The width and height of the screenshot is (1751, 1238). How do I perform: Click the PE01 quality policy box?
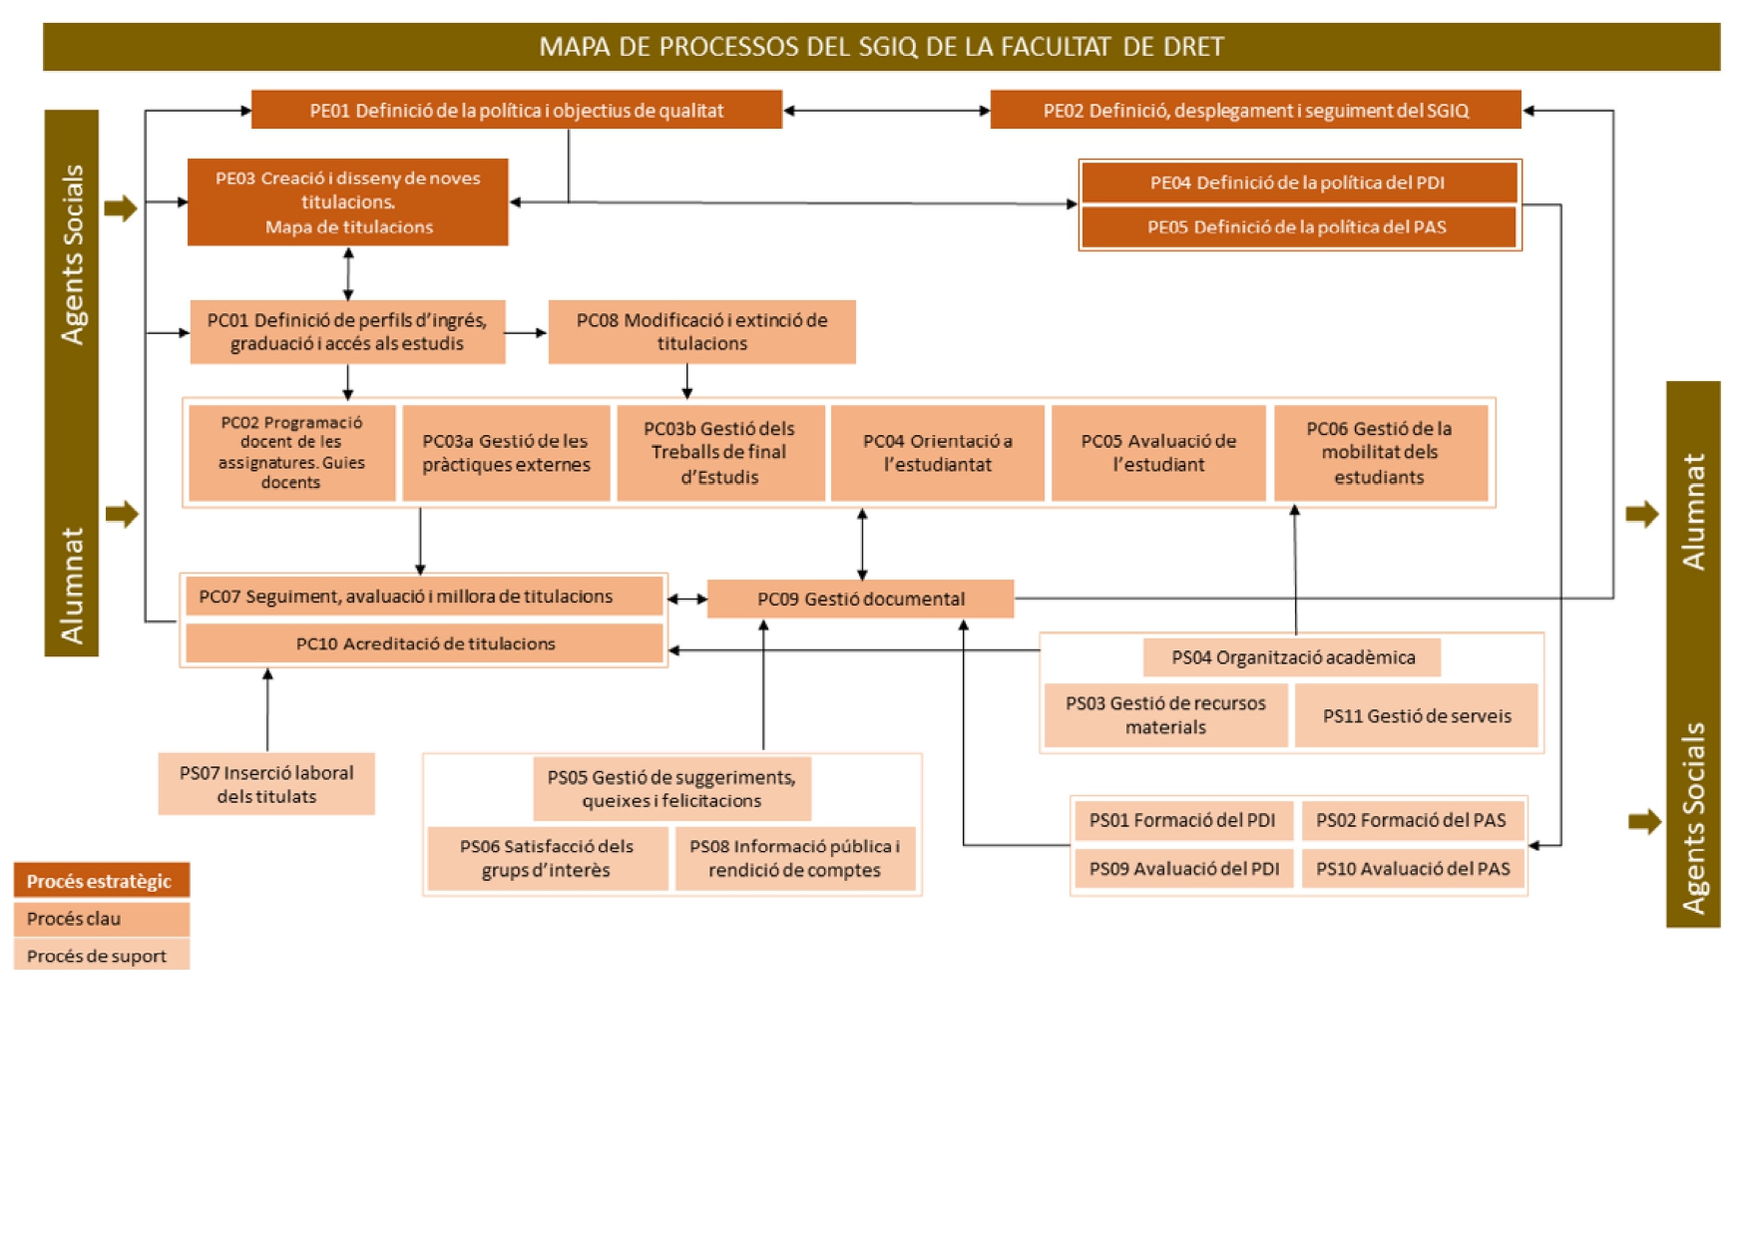coord(516,110)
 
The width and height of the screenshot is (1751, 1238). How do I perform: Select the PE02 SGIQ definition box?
coord(1255,110)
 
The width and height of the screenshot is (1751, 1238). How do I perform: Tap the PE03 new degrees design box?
coord(347,202)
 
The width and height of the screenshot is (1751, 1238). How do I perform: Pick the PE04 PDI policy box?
coord(1298,183)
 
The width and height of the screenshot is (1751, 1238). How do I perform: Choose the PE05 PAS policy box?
coord(1298,226)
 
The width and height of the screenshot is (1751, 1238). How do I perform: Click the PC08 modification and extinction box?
coord(701,331)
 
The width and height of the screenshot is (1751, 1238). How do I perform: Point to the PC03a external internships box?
coord(506,453)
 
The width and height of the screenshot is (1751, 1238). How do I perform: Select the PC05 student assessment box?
coord(1158,453)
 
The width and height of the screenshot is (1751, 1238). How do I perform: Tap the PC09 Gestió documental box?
coord(860,599)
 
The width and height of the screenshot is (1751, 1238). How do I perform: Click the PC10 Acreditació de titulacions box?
coord(425,643)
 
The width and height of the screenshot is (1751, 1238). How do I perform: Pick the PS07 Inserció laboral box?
coord(266,784)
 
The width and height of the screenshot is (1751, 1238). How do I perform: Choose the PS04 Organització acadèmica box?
coord(1292,657)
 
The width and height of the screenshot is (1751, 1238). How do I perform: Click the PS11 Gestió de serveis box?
coord(1416,715)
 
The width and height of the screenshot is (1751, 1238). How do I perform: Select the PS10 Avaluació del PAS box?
coord(1413,868)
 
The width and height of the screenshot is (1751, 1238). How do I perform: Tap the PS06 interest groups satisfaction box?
coord(547,858)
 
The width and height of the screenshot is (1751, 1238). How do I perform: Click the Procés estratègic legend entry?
coord(101,881)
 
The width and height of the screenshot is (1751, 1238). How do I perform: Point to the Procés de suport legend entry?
coord(101,955)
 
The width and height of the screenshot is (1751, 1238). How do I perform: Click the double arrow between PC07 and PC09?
coord(686,600)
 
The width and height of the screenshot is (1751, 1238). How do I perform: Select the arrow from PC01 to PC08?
coord(526,332)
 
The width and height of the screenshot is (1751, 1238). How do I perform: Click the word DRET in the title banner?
coord(1192,47)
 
